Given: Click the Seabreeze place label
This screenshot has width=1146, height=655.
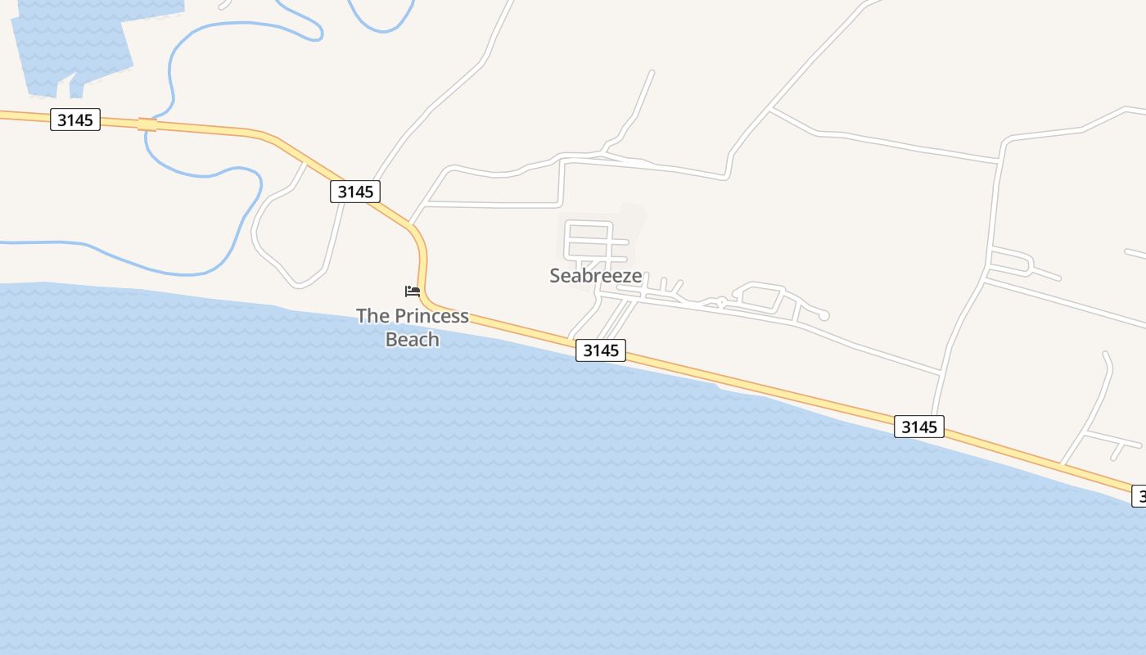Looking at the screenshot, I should [x=595, y=276].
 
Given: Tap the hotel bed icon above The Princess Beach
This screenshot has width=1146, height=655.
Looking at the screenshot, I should [x=413, y=291].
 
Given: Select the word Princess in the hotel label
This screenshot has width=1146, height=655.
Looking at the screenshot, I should [x=431, y=316].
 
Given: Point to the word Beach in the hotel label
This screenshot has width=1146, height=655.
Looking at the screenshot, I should [x=413, y=339].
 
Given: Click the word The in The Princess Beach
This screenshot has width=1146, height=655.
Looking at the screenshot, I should [x=372, y=316].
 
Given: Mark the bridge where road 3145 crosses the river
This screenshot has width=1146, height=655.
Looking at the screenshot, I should [x=147, y=124].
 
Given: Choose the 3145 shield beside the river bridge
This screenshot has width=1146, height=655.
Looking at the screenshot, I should [x=75, y=120].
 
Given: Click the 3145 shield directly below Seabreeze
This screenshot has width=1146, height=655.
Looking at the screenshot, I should [x=601, y=350].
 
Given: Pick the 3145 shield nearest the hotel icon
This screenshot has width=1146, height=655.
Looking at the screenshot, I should [x=355, y=192].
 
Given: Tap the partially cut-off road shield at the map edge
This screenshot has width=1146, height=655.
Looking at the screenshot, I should [x=1139, y=495].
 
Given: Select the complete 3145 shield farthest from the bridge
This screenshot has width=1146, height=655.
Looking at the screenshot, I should [x=918, y=427].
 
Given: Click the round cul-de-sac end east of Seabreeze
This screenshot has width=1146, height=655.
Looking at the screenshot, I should [x=823, y=316].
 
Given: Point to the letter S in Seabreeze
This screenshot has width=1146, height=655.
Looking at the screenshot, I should [x=556, y=276].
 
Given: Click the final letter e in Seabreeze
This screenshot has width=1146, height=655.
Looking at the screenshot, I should [x=636, y=277].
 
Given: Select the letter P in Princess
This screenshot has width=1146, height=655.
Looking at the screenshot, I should [x=399, y=316].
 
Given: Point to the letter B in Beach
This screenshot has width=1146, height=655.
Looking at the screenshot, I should [x=391, y=339].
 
